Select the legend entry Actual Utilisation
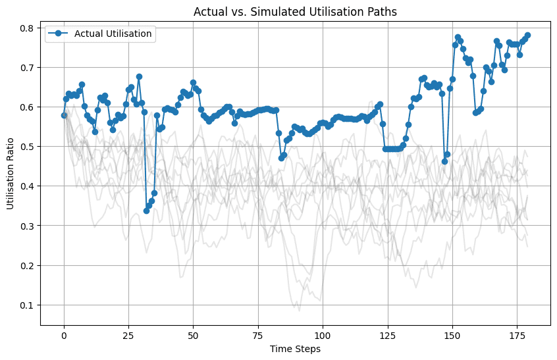pos(113,34)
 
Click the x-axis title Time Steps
pos(295,349)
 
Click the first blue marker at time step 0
pos(64,115)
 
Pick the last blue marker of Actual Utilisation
pos(527,35)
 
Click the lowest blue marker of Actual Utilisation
pos(146,211)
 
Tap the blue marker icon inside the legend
pos(59,34)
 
